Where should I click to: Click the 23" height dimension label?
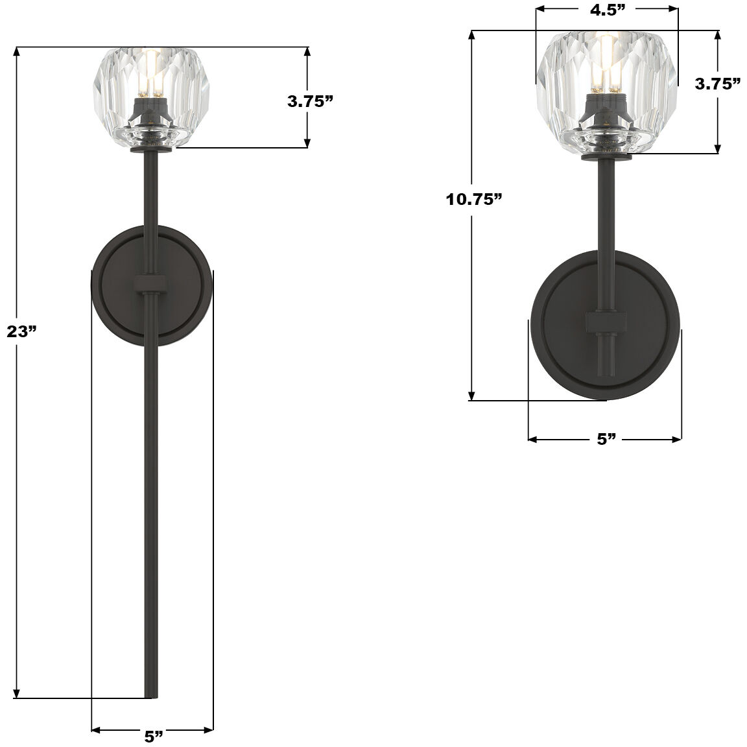21,332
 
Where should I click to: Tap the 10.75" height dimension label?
474,199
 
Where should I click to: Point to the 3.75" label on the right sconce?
718,84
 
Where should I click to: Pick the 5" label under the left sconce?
153,737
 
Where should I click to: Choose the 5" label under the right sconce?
606,440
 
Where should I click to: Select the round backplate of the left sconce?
117,285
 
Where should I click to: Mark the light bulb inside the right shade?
607,68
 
